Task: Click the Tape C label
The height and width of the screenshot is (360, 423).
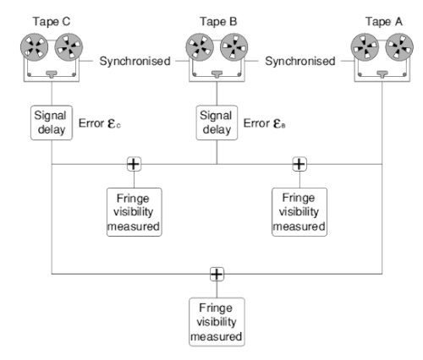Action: point(52,22)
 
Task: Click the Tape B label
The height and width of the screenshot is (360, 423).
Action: point(218,22)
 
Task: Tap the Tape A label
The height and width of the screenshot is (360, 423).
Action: point(384,22)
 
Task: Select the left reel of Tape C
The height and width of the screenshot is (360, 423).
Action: point(34,47)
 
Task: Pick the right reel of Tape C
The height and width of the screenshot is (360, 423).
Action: point(69,47)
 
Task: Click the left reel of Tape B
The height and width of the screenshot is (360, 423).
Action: point(200,47)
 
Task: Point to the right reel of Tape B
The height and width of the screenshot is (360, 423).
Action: point(234,47)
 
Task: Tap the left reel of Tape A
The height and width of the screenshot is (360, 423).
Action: point(365,47)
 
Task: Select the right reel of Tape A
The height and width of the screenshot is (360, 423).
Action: point(399,47)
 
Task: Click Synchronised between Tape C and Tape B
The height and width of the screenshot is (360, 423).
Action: point(135,61)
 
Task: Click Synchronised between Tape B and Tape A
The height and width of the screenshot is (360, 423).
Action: point(300,61)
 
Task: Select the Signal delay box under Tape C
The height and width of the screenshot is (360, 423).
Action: point(52,123)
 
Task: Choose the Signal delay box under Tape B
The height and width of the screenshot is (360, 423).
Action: point(217,123)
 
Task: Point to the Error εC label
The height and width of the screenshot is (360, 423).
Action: point(100,123)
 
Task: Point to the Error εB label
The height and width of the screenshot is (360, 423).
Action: point(265,123)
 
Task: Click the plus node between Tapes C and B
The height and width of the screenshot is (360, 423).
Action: point(134,164)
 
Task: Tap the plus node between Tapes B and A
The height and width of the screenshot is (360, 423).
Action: point(299,164)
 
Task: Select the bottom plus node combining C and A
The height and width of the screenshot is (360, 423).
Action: point(217,274)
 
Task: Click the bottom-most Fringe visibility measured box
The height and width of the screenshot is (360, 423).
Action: point(217,322)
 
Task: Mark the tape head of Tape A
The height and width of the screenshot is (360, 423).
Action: point(382,74)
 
